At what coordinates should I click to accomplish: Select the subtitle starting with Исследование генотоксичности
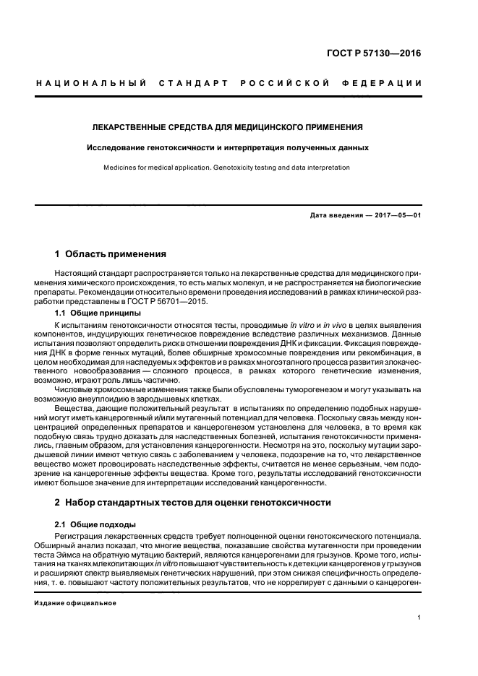228,147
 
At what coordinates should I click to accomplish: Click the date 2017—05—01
397,215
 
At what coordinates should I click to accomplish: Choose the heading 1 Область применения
111,254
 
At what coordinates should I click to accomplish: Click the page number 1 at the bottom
419,617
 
